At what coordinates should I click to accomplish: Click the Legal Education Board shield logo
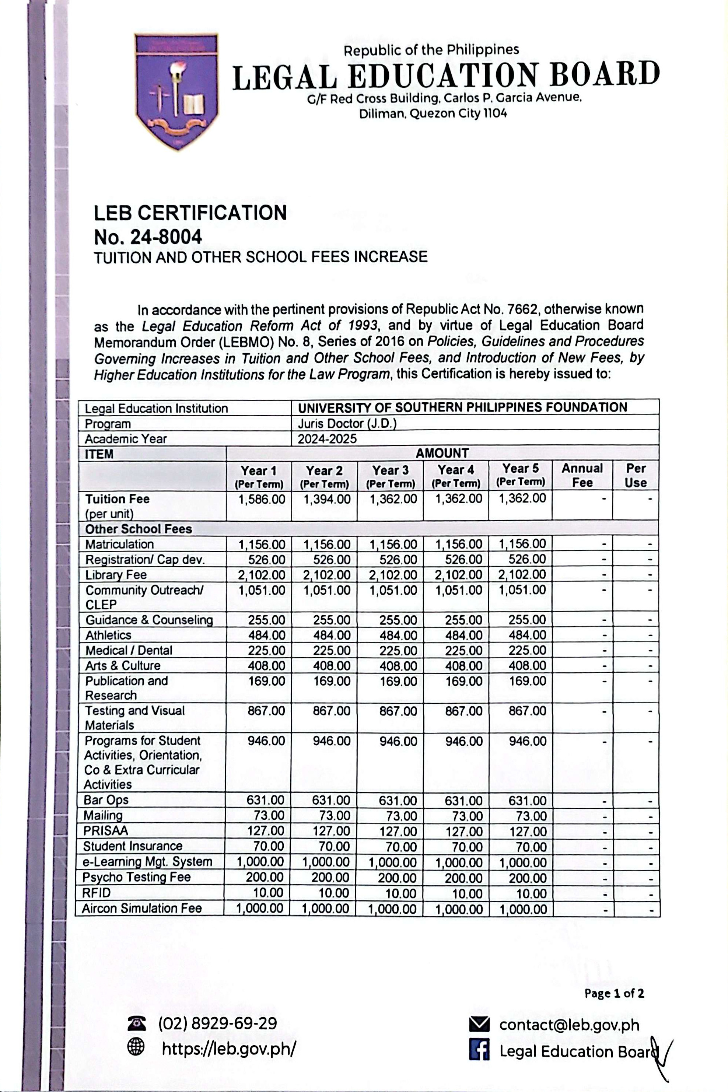pos(176,91)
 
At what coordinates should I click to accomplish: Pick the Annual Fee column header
pos(582,475)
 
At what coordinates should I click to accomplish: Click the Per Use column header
pos(635,475)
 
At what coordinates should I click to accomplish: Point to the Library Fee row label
pos(116,575)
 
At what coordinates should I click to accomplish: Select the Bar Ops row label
pos(106,799)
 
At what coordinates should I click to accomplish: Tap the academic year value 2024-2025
pos(327,439)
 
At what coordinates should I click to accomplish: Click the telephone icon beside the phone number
pos(136,1022)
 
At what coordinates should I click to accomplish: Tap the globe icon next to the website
pos(136,1047)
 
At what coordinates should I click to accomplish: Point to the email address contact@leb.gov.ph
pos(569,1025)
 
